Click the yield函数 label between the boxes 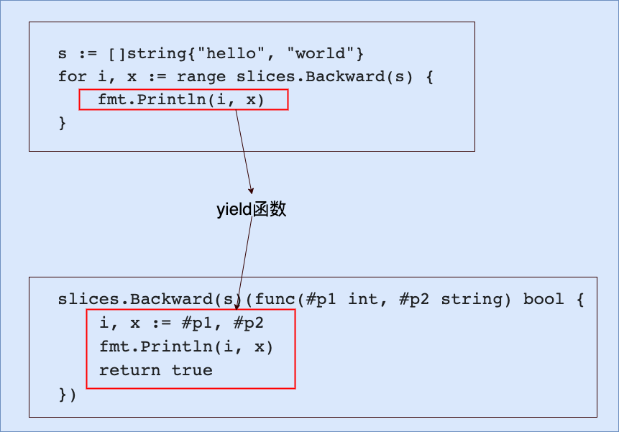(x=252, y=210)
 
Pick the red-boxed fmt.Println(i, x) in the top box (x=182, y=100)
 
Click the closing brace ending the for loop (x=63, y=123)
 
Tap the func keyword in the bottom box (x=276, y=300)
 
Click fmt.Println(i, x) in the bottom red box (x=187, y=347)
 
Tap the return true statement (x=156, y=371)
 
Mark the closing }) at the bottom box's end (x=68, y=394)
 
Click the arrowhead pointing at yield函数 (x=250, y=190)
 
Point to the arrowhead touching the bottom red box (x=237, y=308)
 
